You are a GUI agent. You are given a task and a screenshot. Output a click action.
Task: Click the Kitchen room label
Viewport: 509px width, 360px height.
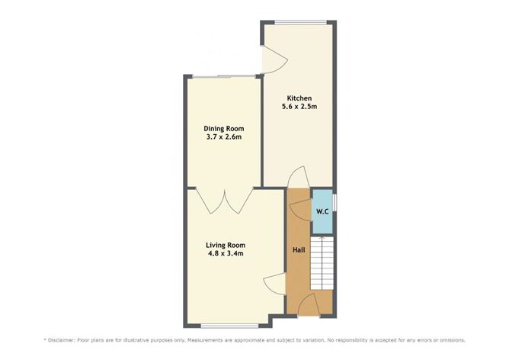(x=299, y=98)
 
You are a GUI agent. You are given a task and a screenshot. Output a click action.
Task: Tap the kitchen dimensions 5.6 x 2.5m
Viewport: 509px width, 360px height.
(x=300, y=107)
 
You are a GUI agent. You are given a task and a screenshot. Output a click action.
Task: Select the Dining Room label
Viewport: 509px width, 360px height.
(x=222, y=128)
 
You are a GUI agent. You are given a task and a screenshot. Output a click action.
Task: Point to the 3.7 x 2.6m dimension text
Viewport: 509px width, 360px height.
(x=222, y=137)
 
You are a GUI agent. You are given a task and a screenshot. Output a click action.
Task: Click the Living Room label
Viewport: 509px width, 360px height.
(x=226, y=245)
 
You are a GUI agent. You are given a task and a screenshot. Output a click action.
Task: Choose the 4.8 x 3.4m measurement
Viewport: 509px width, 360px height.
(x=226, y=254)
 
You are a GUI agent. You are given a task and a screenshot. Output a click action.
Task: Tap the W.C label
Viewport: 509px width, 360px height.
(x=322, y=211)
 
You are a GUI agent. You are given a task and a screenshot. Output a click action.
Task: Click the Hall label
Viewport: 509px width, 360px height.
(x=299, y=249)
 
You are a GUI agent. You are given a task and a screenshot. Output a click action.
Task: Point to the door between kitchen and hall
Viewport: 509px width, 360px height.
(x=299, y=177)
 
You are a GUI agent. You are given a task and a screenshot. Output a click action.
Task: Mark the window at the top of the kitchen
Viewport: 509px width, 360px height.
(x=298, y=21)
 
